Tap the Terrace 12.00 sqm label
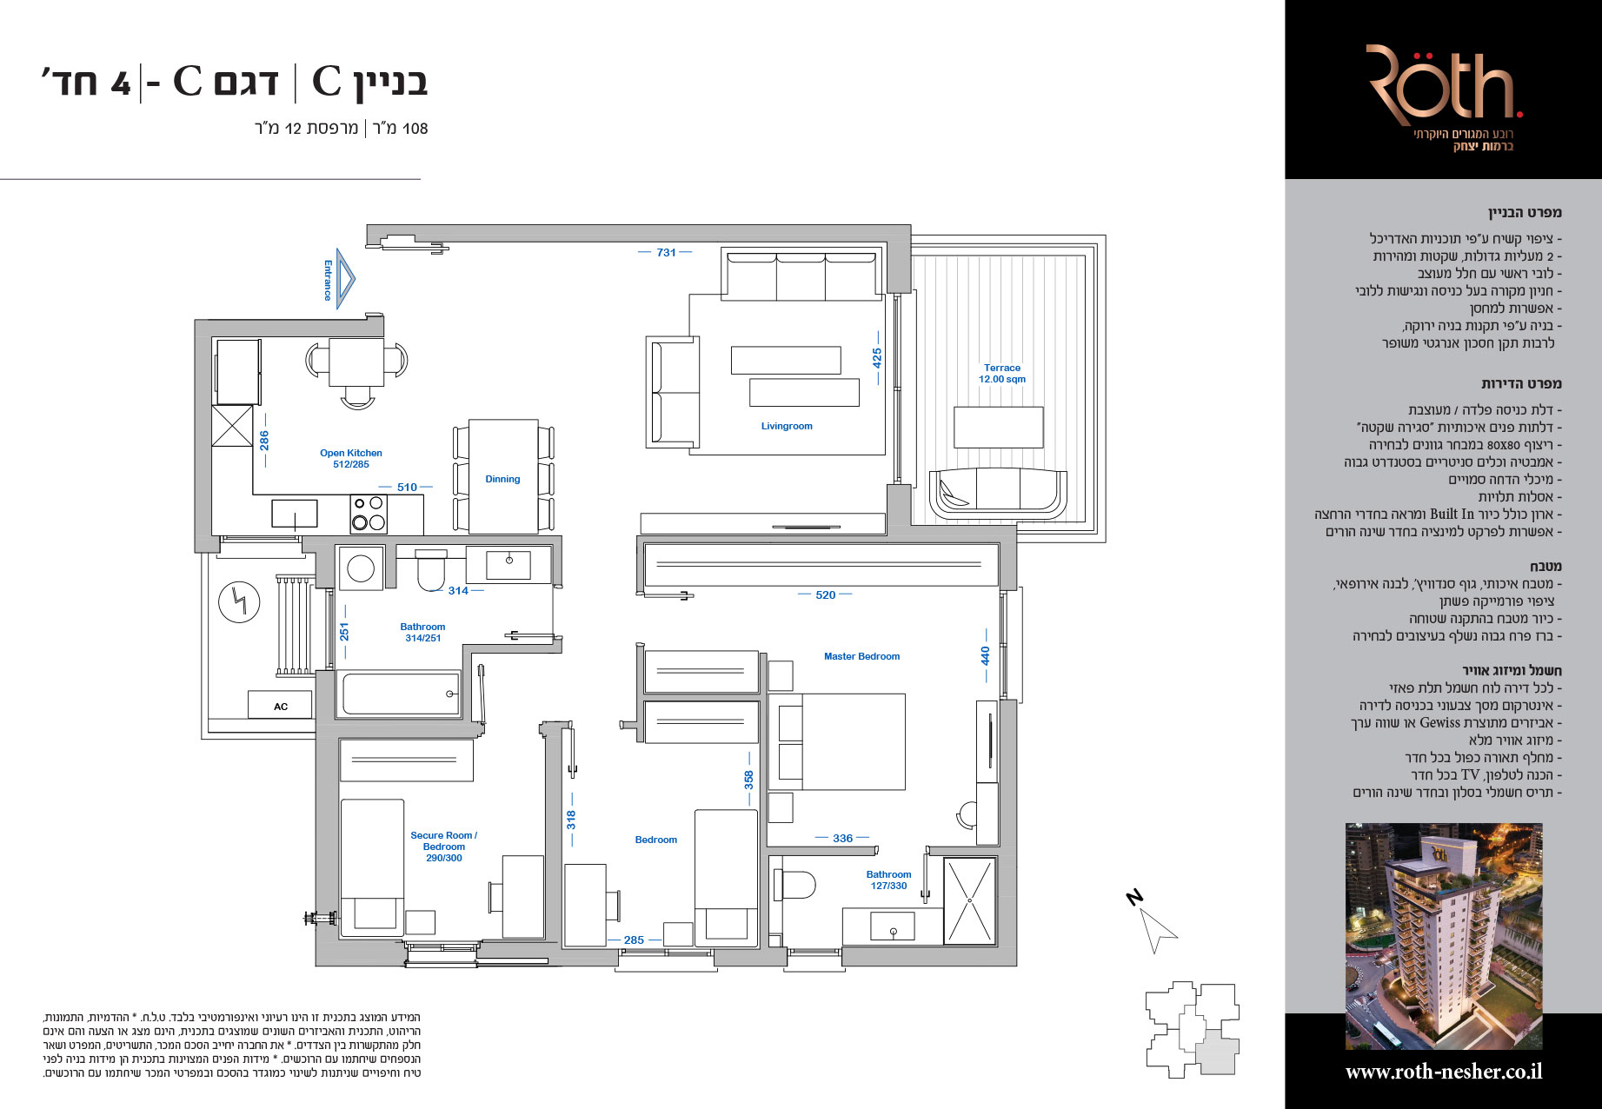(1002, 374)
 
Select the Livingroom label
(787, 426)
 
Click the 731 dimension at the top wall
(666, 252)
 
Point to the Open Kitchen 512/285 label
(351, 458)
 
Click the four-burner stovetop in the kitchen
(369, 513)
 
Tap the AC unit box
(281, 706)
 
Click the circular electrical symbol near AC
(239, 602)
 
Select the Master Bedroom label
(861, 656)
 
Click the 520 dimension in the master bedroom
(826, 595)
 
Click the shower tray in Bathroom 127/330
(969, 900)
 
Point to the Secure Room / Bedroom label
(444, 846)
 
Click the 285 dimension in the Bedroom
(634, 940)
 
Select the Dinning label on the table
(502, 479)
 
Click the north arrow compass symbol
(1156, 926)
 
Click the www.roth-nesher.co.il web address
(1444, 1072)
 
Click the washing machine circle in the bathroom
(361, 569)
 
